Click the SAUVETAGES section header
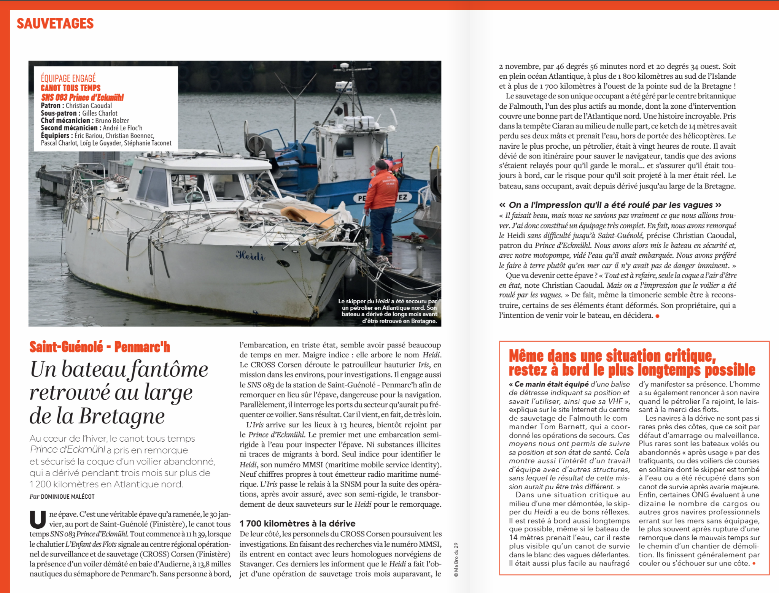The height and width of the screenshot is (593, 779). click(55, 24)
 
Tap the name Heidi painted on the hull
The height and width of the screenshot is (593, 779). click(250, 255)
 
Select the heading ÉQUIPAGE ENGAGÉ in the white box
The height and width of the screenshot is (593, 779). click(68, 78)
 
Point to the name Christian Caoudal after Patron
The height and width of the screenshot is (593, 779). click(89, 106)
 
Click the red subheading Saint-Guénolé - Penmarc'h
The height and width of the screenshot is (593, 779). click(100, 347)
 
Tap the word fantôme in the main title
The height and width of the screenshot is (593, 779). click(169, 369)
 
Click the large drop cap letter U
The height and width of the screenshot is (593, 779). click(37, 520)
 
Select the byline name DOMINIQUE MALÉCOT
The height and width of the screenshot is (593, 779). click(67, 496)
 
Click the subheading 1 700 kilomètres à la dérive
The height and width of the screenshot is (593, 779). click(297, 523)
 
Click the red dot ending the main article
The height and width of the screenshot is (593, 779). click(657, 316)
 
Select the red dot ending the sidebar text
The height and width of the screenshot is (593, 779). click(754, 563)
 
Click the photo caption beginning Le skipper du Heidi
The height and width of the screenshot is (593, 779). click(388, 311)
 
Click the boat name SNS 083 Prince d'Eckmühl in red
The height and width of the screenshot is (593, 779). click(83, 97)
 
